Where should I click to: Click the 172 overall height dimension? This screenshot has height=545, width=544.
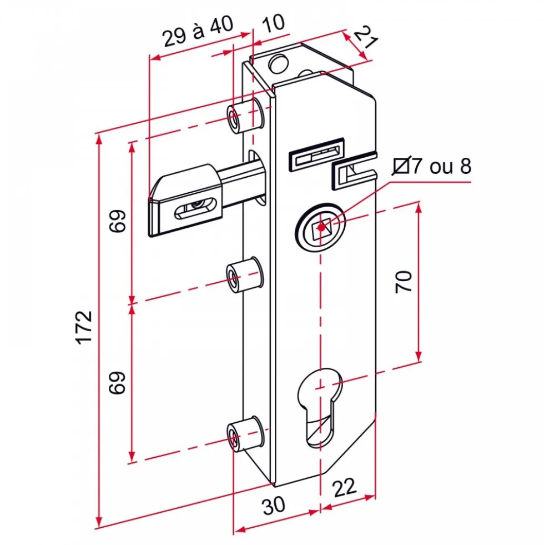click(84, 327)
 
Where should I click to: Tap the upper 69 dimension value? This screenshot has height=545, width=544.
click(117, 221)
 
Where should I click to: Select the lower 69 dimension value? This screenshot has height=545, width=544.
click(117, 383)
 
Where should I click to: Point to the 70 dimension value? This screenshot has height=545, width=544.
click(404, 282)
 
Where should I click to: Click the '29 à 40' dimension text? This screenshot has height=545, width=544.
click(198, 32)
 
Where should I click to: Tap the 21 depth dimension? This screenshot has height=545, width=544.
click(365, 37)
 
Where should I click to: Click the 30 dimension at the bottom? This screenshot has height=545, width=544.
click(274, 506)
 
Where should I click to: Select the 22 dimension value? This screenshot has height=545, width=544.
click(345, 488)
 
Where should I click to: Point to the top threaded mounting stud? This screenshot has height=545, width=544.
click(245, 116)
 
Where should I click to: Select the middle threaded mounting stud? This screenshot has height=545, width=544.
click(244, 275)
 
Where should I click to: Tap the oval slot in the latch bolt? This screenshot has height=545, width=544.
click(194, 208)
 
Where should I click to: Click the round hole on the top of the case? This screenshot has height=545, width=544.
click(279, 63)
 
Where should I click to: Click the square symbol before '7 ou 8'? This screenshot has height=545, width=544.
click(401, 166)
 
